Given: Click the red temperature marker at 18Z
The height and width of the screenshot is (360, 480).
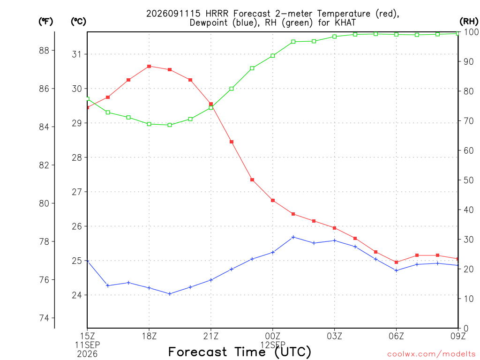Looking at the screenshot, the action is point(149,66).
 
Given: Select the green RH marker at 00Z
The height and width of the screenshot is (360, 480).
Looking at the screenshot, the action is point(273,56).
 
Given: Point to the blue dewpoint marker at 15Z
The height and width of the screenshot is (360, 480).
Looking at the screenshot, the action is point(88,261).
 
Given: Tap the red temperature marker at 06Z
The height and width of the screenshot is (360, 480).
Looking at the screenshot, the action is point(397,262).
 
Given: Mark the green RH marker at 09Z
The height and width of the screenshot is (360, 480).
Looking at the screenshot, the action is point(457,33).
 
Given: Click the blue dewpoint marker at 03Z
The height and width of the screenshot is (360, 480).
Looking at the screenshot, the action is point(335,240).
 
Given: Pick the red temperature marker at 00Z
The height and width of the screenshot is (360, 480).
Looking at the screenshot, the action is point(273,201).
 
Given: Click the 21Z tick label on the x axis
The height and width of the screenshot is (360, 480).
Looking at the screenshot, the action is point(211,336).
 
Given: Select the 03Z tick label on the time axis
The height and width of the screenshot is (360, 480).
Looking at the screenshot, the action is point(334,336).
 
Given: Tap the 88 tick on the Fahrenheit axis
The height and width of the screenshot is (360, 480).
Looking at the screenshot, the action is point(45,50).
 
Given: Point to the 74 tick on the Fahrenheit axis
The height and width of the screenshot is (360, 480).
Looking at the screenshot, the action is point(45,318).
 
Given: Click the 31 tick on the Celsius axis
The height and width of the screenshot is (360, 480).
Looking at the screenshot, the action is point(77,54).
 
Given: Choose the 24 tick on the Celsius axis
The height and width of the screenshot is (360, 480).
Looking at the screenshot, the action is point(77,295).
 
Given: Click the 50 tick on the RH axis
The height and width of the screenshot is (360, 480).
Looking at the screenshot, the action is point(468,180).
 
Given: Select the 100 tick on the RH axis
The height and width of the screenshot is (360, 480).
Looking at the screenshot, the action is point(471,32).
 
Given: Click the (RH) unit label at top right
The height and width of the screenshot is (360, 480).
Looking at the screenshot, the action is point(469,21).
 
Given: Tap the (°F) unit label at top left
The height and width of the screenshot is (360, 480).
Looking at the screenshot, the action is point(45,21).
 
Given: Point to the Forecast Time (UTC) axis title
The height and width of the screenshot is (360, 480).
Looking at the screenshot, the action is point(240,352).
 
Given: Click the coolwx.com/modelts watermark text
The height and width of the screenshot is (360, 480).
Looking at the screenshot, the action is point(431,354).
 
